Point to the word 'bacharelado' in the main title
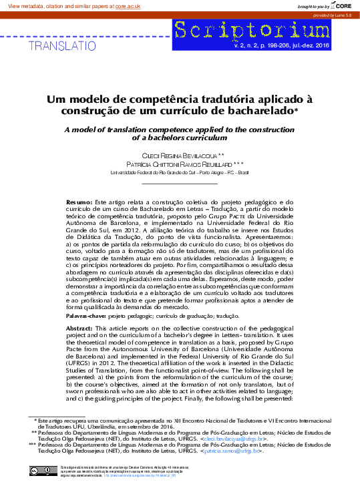260,109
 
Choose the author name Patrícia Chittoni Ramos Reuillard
176,164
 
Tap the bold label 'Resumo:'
79,201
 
